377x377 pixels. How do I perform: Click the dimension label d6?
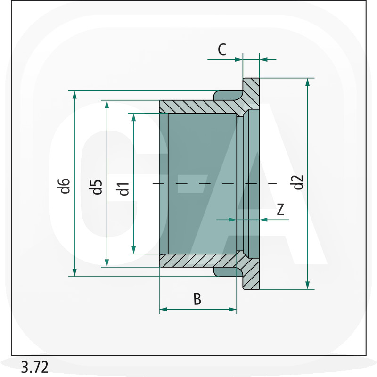click(x=64, y=186)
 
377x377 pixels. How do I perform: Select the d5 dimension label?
click(x=96, y=187)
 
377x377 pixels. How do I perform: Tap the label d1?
click(x=123, y=189)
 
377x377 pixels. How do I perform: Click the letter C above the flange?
click(x=222, y=49)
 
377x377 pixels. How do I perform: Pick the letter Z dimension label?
click(x=280, y=209)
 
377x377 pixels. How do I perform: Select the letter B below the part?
click(x=197, y=299)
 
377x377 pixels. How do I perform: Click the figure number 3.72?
click(x=35, y=367)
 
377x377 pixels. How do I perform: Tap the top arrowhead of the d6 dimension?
click(x=74, y=95)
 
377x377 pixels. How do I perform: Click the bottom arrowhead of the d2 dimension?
click(x=308, y=285)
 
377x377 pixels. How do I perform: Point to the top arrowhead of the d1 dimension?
click(x=134, y=117)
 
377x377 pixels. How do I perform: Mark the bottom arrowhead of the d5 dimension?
click(x=107, y=263)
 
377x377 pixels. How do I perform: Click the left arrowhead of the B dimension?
click(x=164, y=309)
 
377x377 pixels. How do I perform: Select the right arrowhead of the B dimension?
click(x=232, y=309)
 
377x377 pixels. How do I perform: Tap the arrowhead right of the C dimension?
click(x=264, y=59)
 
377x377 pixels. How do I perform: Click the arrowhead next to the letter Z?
click(x=264, y=220)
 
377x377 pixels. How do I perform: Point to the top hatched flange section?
click(x=251, y=92)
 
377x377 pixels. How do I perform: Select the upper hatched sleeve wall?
click(x=199, y=107)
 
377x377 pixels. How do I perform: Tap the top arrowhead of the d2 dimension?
click(x=308, y=82)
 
